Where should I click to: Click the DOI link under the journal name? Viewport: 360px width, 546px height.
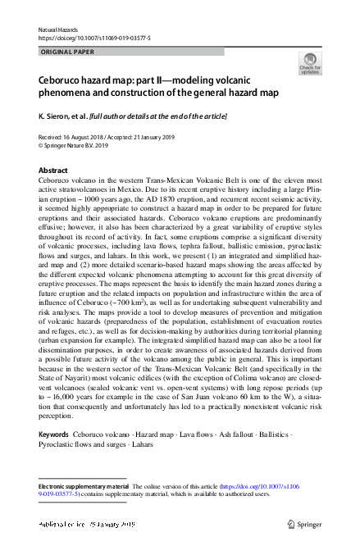point(94,39)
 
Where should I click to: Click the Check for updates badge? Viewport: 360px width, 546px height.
point(310,64)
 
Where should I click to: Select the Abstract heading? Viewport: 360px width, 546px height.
point(53,171)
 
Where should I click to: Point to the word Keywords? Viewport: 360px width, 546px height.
point(53,433)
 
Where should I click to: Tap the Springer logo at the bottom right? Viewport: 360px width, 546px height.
point(303,522)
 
